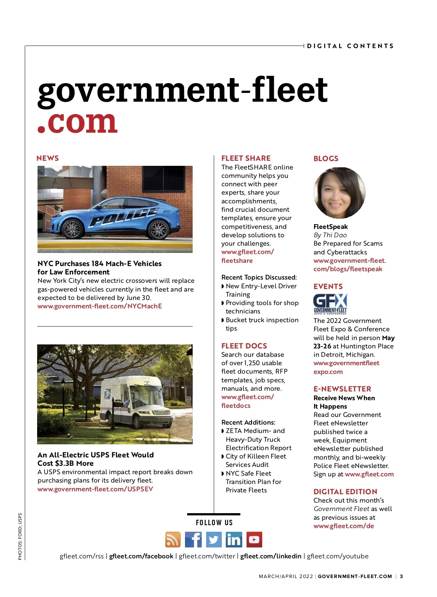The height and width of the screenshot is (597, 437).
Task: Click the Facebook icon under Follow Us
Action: [x=193, y=539]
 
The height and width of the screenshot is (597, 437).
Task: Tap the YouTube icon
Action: [x=254, y=539]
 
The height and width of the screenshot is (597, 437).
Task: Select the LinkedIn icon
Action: [x=233, y=539]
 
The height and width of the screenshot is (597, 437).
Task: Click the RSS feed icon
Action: [x=173, y=539]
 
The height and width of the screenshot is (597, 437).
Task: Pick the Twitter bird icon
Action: [x=214, y=539]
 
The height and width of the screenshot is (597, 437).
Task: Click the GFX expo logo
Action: [x=330, y=304]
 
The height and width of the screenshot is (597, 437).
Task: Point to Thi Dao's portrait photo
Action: [x=339, y=193]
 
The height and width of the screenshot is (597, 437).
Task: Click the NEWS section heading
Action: [x=48, y=158]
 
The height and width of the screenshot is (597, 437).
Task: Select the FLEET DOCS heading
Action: [x=244, y=346]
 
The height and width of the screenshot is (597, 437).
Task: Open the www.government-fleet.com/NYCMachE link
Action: [x=100, y=306]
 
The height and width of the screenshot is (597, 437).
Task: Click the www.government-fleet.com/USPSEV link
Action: [x=95, y=489]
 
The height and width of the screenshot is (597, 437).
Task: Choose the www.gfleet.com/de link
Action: [x=343, y=526]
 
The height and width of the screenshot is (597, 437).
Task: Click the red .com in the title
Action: [x=78, y=122]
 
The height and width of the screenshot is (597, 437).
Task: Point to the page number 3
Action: [x=401, y=576]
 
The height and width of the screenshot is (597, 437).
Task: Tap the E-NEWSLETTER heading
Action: [x=342, y=389]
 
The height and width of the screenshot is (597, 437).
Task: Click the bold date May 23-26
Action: [x=323, y=346]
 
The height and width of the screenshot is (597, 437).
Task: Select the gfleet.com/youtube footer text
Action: [x=338, y=556]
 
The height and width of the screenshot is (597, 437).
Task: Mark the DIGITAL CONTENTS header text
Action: [x=350, y=46]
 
